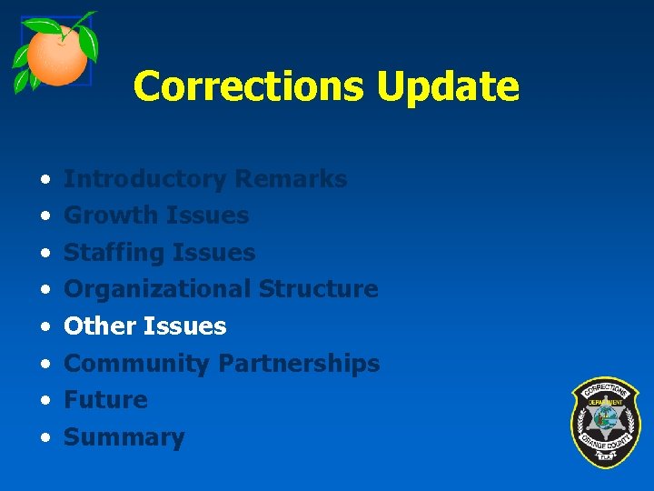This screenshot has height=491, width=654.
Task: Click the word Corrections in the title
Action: (x=248, y=86)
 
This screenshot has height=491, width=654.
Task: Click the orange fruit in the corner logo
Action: (x=56, y=56)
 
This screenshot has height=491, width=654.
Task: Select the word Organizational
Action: (x=157, y=289)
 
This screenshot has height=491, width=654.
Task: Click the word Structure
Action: (x=318, y=289)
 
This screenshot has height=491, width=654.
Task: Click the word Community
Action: (x=137, y=364)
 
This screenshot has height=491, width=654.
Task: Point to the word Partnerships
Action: (x=299, y=364)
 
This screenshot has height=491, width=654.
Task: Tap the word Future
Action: (x=105, y=400)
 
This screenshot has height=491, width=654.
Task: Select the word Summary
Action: (x=124, y=437)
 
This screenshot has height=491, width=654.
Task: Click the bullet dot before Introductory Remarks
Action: (x=44, y=180)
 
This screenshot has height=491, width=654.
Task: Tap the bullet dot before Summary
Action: (x=44, y=438)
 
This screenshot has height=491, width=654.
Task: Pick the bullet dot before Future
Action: (x=44, y=401)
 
